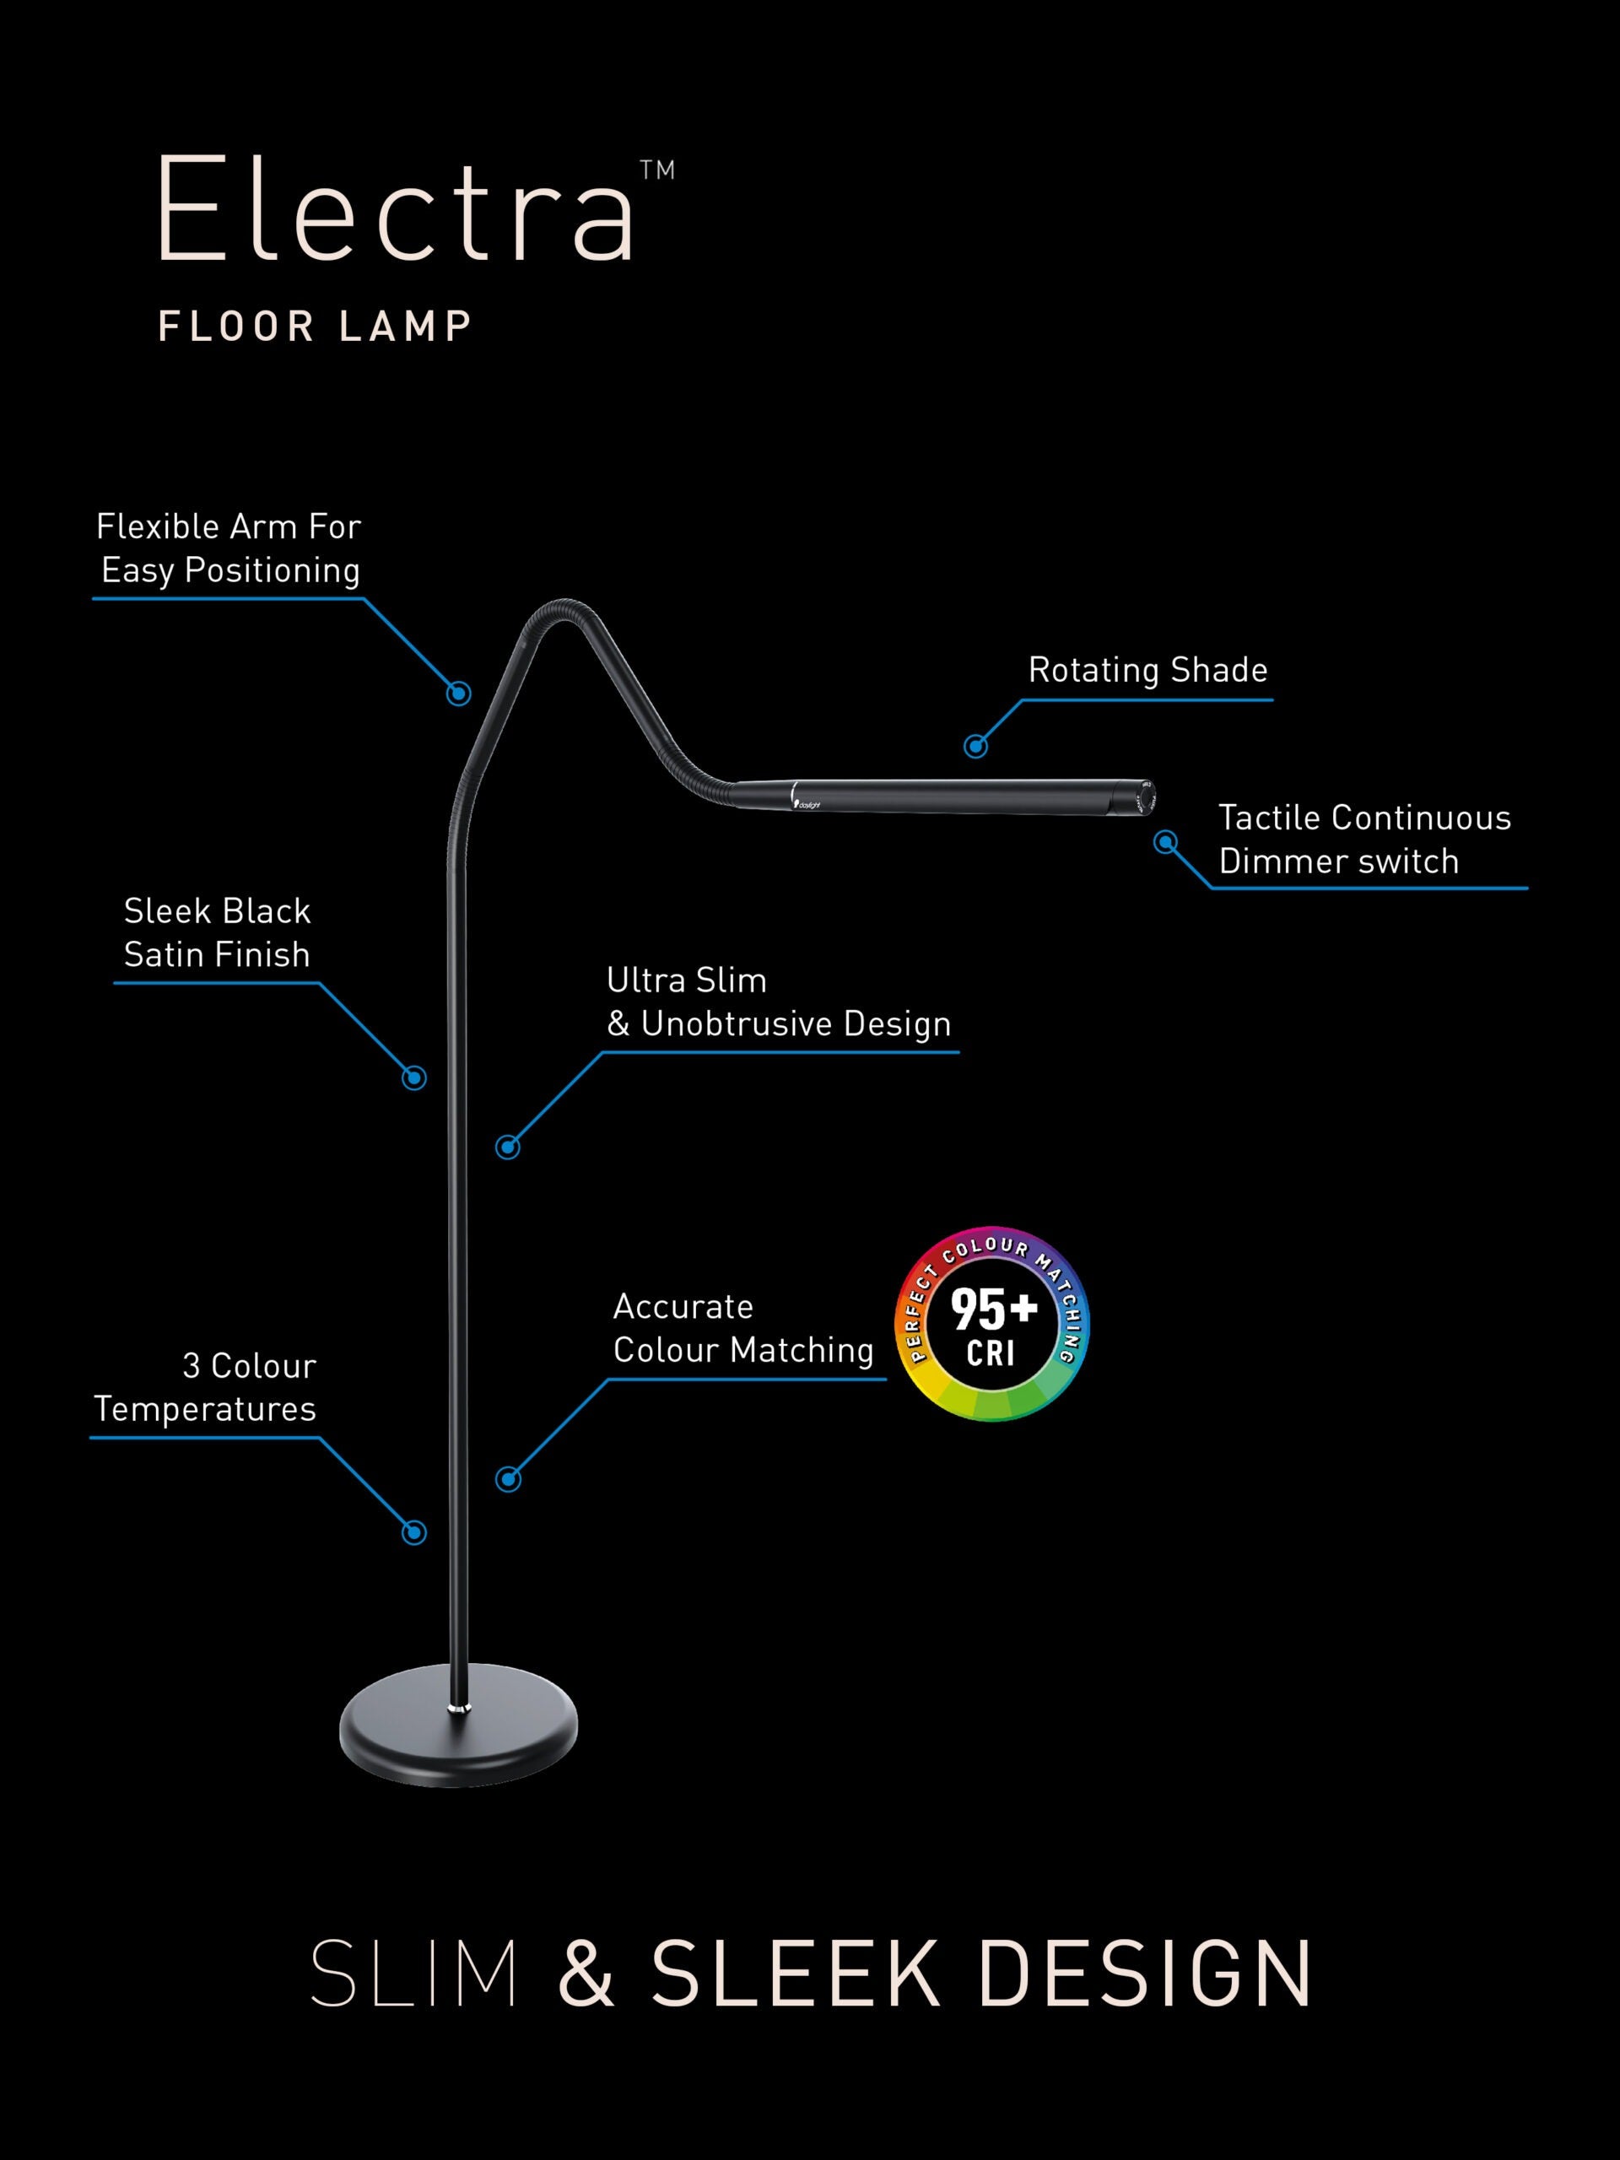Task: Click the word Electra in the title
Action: (396, 210)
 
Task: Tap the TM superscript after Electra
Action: (657, 171)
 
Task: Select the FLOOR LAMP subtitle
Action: (316, 327)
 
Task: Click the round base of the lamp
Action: (458, 1726)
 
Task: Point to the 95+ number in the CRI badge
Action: (993, 1309)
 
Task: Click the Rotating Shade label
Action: (1147, 670)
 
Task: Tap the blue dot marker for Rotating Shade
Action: (975, 746)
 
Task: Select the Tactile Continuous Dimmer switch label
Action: (1363, 839)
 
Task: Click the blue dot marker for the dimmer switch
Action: (1165, 842)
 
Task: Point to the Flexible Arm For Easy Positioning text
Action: (229, 548)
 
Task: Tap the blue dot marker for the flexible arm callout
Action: (459, 694)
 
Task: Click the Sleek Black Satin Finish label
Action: (217, 932)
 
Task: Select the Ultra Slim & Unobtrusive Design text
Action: (778, 1002)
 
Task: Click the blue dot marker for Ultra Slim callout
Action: (508, 1147)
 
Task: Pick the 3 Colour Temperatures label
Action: (206, 1386)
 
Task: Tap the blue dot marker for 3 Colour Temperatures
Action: (414, 1532)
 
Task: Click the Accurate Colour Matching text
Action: (742, 1328)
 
